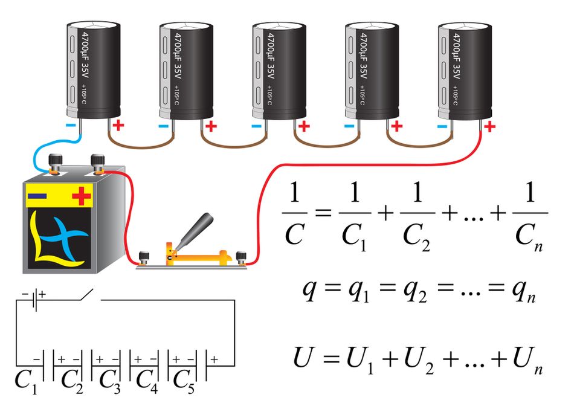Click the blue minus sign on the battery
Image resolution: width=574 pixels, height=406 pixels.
[37, 195]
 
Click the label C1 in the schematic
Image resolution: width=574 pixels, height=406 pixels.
[25, 380]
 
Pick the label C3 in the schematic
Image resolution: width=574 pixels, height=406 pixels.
[109, 380]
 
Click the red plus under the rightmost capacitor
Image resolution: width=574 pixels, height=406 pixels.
[490, 127]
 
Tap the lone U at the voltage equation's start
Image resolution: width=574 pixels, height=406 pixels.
[303, 357]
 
